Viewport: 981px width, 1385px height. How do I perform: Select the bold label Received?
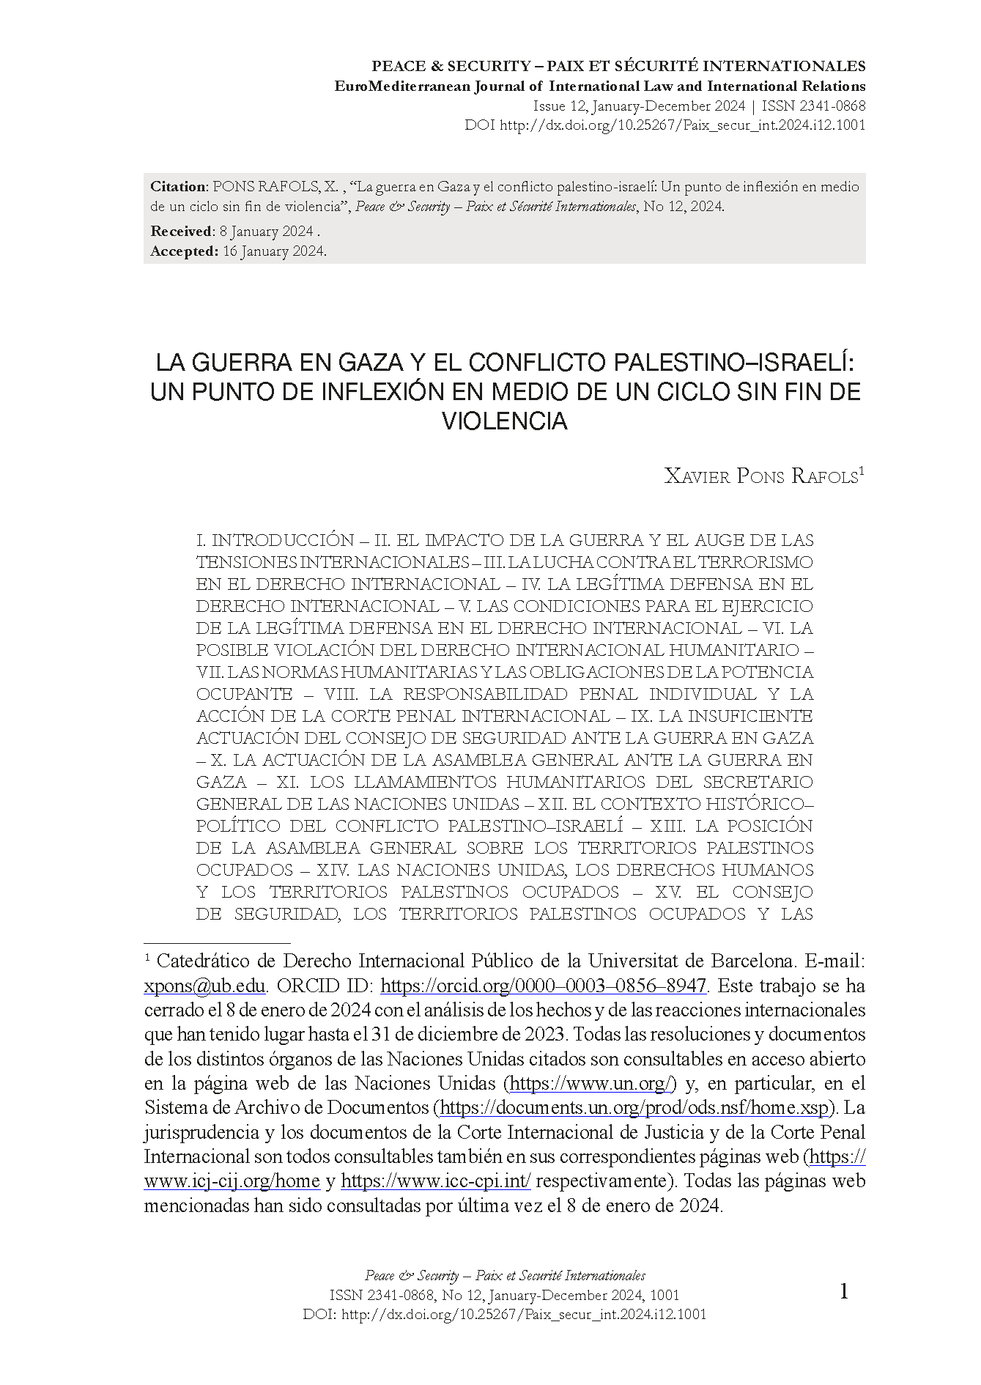tap(181, 232)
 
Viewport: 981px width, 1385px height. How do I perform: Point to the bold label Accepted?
tap(184, 251)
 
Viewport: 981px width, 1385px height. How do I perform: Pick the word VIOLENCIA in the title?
tap(505, 421)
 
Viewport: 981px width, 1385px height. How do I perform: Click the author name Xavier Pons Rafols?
tap(761, 477)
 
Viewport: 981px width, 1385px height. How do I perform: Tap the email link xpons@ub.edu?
tap(204, 986)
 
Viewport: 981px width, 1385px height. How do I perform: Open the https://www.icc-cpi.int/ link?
tap(436, 1181)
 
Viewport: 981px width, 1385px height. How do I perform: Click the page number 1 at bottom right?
tap(843, 1291)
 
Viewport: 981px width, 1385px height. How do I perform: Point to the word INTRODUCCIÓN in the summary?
tap(283, 541)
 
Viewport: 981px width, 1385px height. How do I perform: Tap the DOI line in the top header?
tap(665, 125)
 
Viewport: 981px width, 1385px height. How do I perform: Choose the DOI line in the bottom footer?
tap(505, 1314)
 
